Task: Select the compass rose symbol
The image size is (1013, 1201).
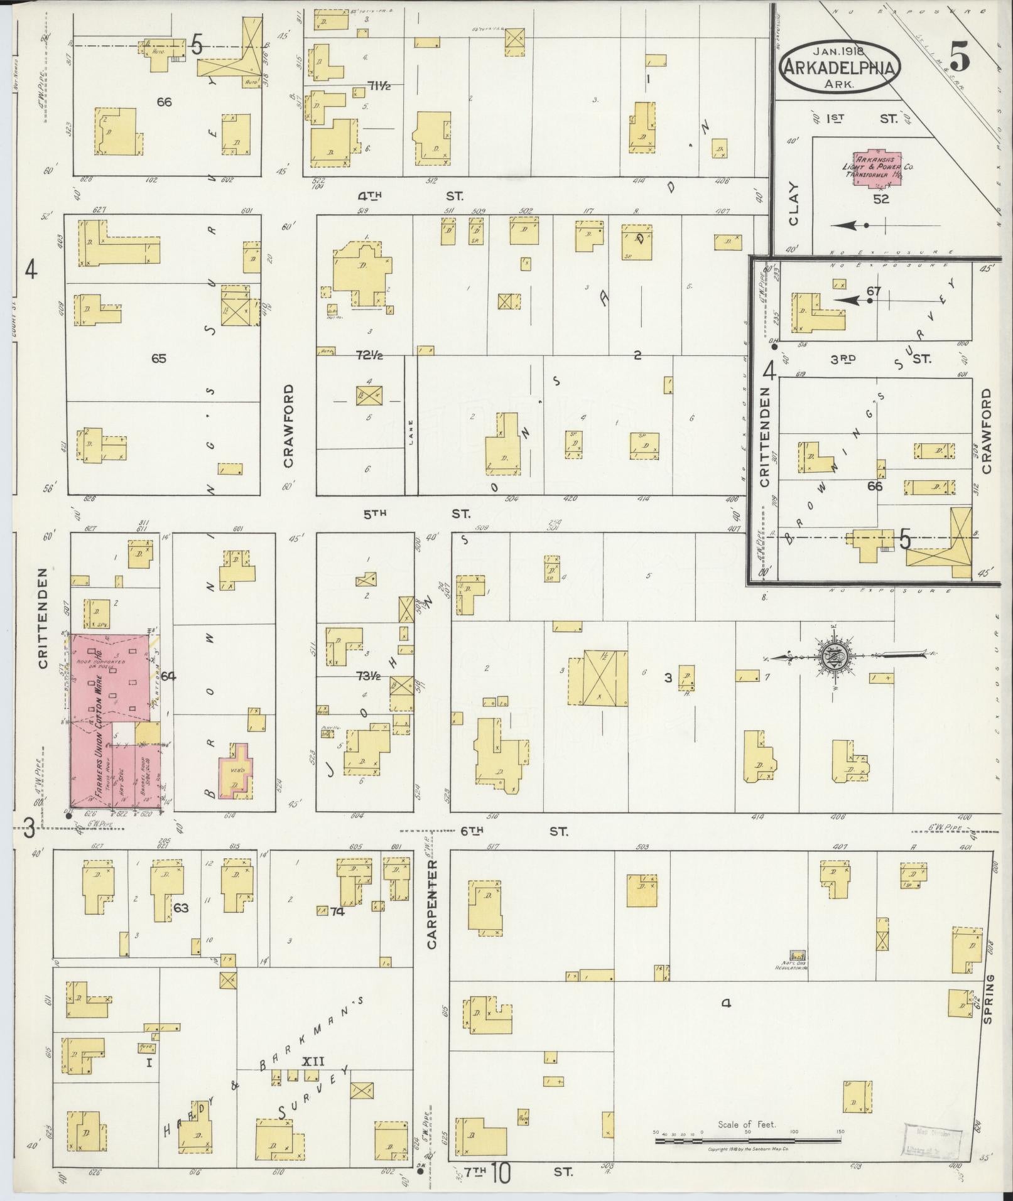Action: click(x=835, y=657)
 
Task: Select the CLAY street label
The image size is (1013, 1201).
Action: click(x=794, y=204)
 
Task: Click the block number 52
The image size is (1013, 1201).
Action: click(x=882, y=199)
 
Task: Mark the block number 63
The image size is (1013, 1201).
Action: click(x=181, y=908)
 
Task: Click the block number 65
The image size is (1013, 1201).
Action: click(x=159, y=358)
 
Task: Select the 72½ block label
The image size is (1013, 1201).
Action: click(x=370, y=356)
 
